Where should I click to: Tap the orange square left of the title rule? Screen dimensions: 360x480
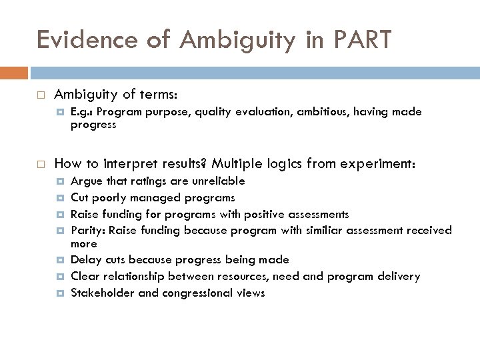19,72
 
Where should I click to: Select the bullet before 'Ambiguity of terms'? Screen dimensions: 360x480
41,95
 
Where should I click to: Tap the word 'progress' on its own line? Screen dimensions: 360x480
93,124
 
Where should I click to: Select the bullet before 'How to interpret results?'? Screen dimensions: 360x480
41,162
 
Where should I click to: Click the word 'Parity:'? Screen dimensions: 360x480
88,230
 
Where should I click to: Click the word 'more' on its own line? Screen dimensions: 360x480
83,243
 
